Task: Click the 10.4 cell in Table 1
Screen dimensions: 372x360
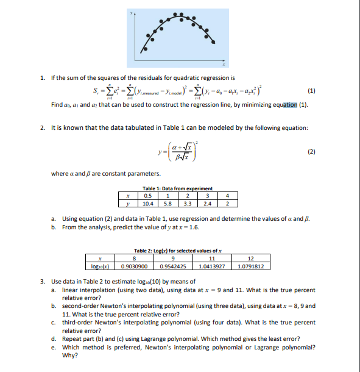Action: (x=147, y=202)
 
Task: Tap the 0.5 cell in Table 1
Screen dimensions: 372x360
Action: (x=147, y=195)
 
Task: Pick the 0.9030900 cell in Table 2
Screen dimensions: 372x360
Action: (x=133, y=266)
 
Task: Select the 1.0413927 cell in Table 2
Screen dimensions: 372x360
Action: (x=211, y=266)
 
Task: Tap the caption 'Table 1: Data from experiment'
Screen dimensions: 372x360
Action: (x=177, y=188)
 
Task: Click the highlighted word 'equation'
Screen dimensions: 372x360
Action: (x=277, y=105)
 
